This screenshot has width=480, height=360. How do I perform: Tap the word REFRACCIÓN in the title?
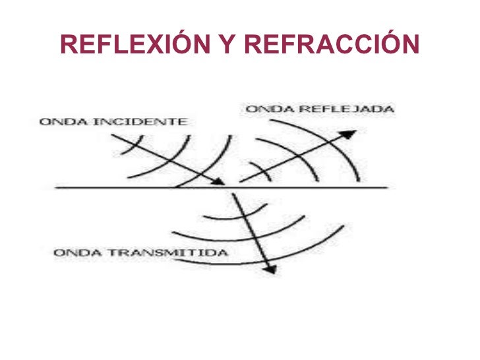(x=332, y=44)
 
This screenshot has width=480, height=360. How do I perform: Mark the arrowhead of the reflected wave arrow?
(x=350, y=135)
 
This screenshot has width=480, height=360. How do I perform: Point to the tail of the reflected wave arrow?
(x=240, y=181)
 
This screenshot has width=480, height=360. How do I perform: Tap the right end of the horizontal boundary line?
(x=387, y=189)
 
